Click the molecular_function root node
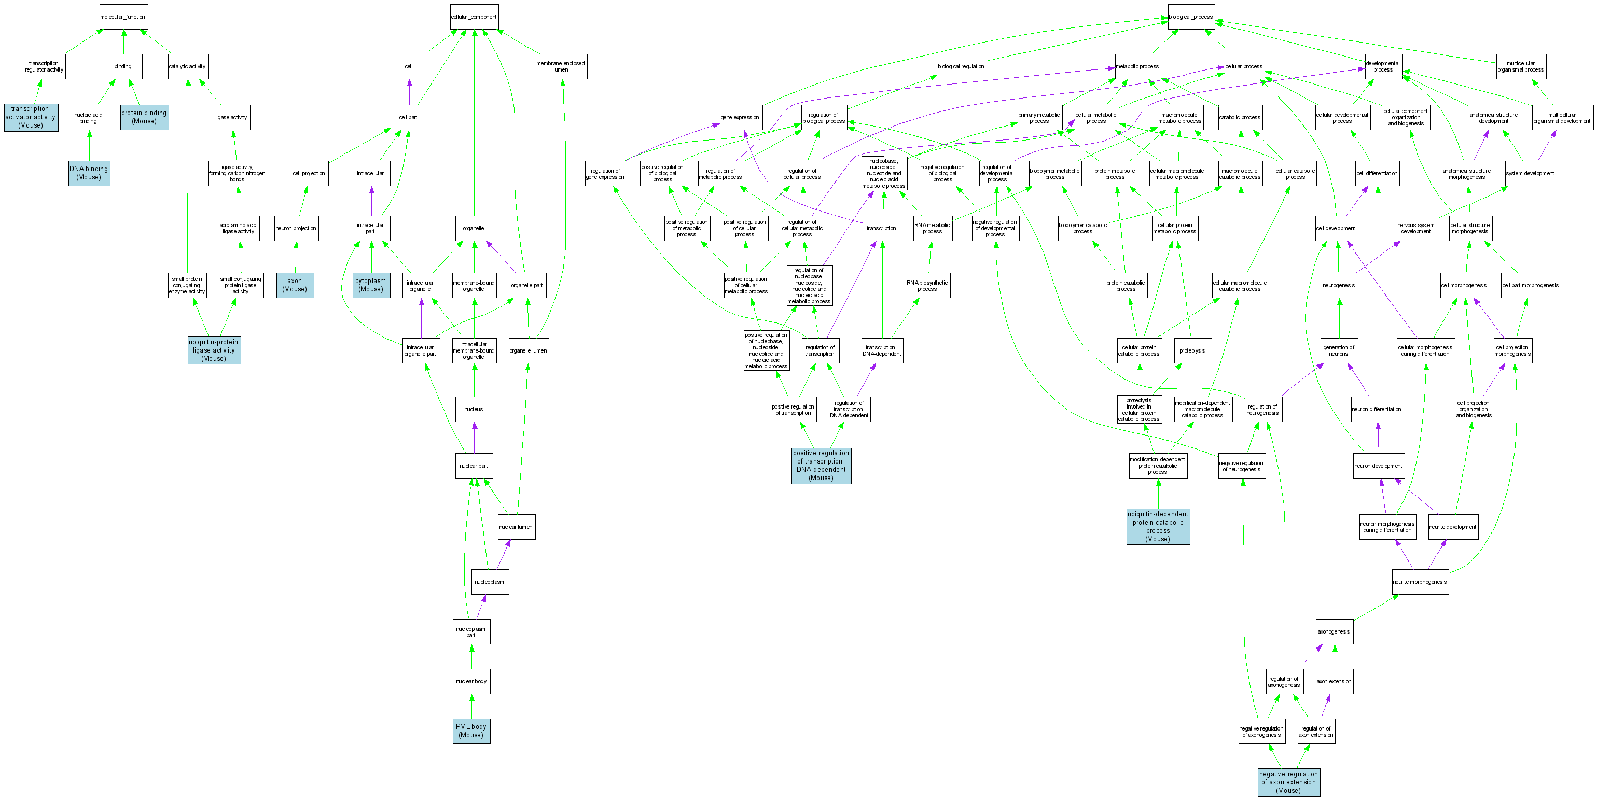tap(123, 17)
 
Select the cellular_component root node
tap(474, 17)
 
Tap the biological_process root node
tap(1191, 17)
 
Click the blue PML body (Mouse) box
tap(471, 731)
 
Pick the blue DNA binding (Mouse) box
tap(89, 173)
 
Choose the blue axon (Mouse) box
tap(295, 285)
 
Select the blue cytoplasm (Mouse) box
tap(371, 285)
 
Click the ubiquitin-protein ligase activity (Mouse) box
tap(214, 350)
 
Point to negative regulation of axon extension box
tap(1288, 782)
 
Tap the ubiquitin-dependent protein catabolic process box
tap(1158, 527)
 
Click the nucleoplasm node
tap(490, 582)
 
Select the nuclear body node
tap(471, 681)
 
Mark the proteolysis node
tap(1192, 350)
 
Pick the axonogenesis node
tap(1334, 631)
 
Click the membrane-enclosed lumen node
tap(561, 66)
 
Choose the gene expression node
tap(740, 117)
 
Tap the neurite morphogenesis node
tap(1420, 582)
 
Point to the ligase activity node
tap(231, 117)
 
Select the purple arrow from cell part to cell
tap(409, 92)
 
